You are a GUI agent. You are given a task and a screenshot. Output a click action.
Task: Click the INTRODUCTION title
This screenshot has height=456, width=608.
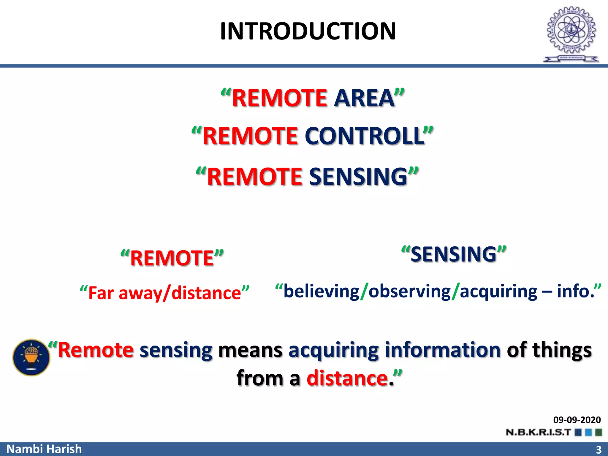308,31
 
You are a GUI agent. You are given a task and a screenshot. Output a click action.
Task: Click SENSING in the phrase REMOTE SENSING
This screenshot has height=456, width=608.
358,177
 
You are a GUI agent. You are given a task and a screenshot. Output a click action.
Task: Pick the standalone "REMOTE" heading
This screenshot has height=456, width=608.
172,258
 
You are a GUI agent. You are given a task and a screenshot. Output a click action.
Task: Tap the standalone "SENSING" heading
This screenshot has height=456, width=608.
453,254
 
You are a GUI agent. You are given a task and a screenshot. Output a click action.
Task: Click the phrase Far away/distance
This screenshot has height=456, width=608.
164,293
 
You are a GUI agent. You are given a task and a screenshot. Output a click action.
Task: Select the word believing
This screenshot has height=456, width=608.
321,291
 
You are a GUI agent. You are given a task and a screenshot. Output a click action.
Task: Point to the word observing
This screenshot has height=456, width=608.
409,291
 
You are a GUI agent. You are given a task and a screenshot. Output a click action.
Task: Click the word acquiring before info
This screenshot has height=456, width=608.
498,291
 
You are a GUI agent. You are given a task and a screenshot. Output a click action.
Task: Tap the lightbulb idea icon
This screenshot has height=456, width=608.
31,357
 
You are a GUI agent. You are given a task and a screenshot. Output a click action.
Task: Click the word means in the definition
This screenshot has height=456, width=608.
250,350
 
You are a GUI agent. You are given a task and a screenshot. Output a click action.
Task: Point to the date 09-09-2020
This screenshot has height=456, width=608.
577,420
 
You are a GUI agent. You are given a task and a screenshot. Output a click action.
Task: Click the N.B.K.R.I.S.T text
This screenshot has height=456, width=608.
538,432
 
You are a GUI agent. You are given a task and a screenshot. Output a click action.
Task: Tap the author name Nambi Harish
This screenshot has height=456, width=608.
44,449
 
